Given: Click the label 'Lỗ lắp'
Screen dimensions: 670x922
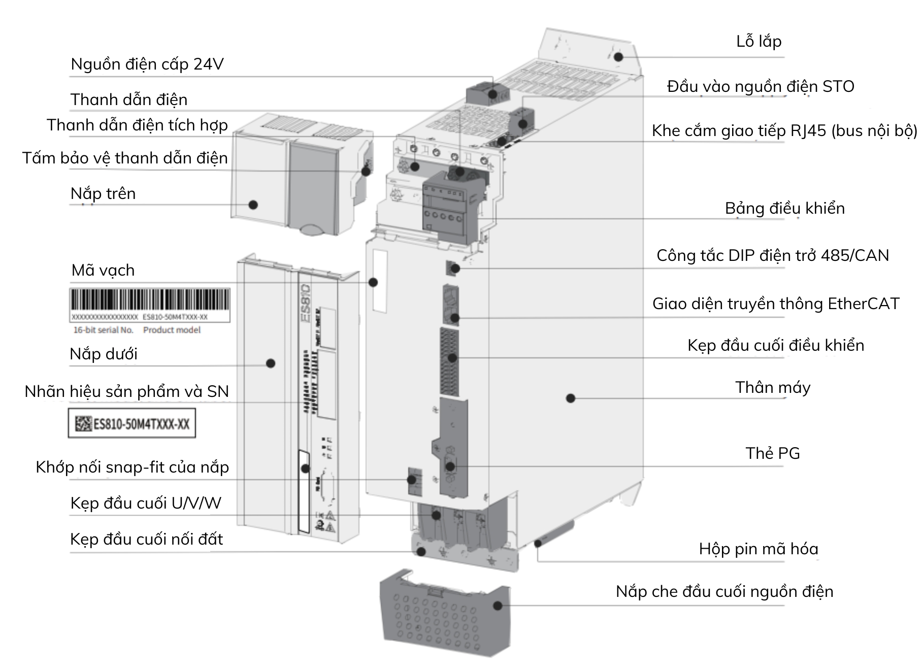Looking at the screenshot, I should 759,42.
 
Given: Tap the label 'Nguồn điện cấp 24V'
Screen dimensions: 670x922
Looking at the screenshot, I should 147,64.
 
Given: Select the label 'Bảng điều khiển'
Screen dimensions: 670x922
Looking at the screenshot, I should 784,209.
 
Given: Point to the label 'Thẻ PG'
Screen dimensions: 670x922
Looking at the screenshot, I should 772,453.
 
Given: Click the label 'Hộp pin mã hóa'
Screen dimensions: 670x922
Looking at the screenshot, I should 758,549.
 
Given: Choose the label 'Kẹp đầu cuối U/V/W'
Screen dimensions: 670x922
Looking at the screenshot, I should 146,504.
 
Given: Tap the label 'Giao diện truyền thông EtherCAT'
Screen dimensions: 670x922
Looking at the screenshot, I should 775,304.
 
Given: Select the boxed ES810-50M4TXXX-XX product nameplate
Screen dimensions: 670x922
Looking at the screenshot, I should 132,424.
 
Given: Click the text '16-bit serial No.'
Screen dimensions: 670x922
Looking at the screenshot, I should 104,330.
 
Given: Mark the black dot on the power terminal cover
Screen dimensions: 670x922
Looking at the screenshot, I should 498,606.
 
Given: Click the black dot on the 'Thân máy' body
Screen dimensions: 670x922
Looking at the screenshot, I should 570,398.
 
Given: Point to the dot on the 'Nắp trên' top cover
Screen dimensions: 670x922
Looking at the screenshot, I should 253,205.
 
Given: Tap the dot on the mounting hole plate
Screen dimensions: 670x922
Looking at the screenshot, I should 618,57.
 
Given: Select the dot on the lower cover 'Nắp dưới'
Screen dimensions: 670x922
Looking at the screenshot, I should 271,363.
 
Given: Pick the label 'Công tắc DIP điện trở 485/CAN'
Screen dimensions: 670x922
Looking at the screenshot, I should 772,255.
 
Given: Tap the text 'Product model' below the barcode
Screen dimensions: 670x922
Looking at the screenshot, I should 172,330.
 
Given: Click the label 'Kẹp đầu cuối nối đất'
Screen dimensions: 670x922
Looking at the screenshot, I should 146,540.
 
